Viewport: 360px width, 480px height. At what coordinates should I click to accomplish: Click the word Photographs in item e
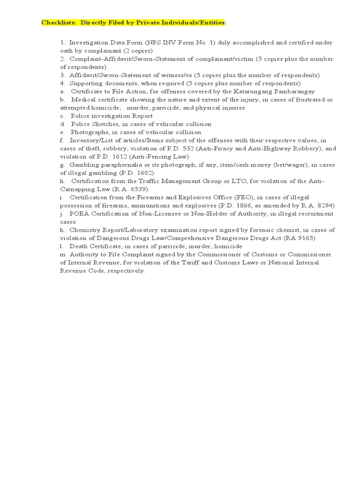pos(87,132)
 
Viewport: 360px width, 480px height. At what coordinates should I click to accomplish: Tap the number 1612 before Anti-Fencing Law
pos(112,157)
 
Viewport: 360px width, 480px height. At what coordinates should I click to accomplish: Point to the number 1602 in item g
pos(131,173)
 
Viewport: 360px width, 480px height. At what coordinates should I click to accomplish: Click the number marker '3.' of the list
pos(62,75)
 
